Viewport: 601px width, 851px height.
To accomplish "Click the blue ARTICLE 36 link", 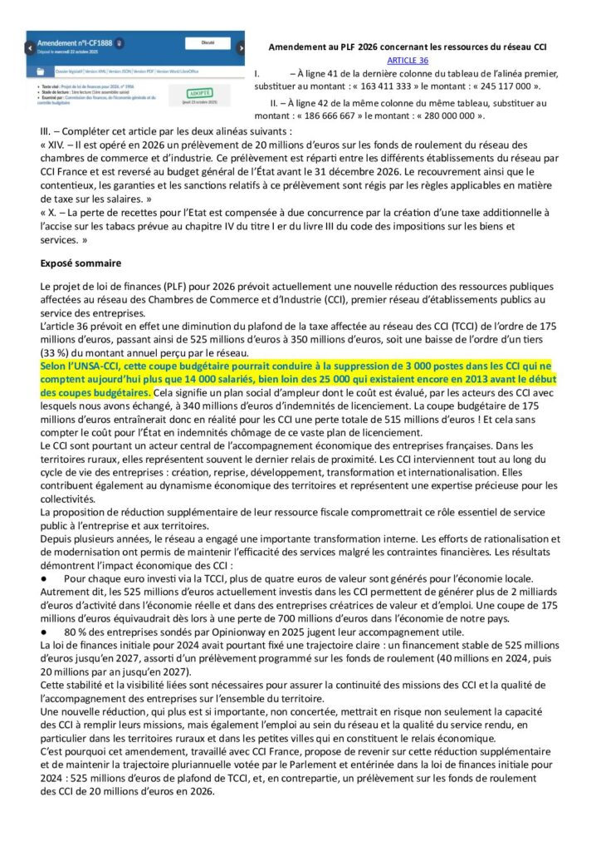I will [x=408, y=61].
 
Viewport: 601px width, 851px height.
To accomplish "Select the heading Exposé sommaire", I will [x=81, y=263].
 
